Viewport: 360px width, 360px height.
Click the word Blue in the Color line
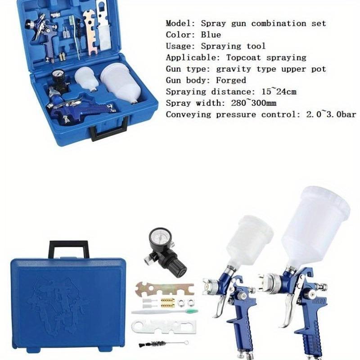click(211, 35)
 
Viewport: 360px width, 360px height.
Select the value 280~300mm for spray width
click(254, 103)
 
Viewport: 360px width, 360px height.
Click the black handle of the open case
click(108, 131)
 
